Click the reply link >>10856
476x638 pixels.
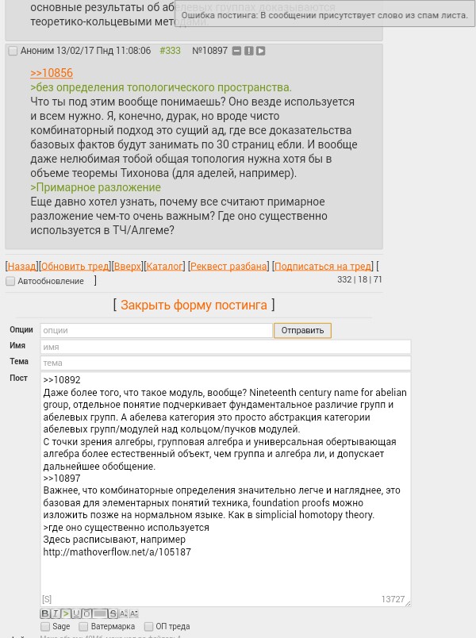[52, 73]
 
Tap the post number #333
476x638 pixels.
[170, 51]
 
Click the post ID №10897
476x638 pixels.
[209, 51]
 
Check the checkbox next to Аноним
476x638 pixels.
[13, 51]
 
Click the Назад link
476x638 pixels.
[21, 266]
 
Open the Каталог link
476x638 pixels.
[164, 266]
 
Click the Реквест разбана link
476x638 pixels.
[228, 266]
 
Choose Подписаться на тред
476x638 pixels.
[323, 266]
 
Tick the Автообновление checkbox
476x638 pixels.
[10, 281]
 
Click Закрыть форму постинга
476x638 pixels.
[194, 305]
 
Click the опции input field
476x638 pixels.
[155, 330]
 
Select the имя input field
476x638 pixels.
[225, 347]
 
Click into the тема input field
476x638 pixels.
[225, 363]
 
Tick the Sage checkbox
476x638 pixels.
[45, 627]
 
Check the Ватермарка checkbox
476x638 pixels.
[83, 627]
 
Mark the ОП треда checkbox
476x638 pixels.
[148, 627]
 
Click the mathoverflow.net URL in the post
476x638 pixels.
[117, 552]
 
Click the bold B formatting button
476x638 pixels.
[44, 613]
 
